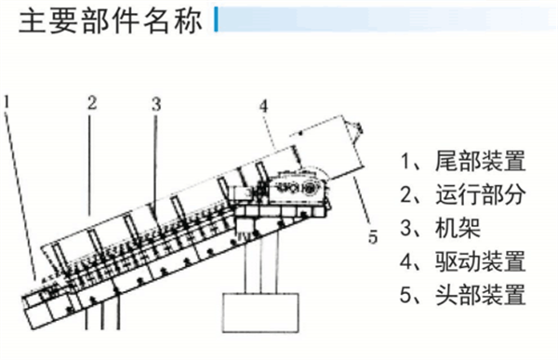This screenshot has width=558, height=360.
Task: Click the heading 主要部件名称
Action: click(111, 21)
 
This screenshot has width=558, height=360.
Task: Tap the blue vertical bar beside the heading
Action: click(216, 20)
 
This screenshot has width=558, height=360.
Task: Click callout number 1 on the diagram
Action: click(7, 101)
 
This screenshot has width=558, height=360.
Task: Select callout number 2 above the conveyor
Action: click(92, 102)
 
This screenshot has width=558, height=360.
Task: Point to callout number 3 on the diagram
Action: click(156, 104)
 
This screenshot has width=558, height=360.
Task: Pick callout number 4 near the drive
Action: click(263, 106)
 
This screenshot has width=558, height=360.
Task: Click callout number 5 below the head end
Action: click(373, 237)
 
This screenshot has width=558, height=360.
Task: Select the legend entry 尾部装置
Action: click(481, 161)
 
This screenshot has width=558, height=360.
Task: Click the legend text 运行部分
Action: click(481, 194)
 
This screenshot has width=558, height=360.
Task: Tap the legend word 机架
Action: click(458, 228)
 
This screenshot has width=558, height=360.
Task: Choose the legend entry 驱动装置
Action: click(481, 261)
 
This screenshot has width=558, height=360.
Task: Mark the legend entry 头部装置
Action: click(481, 295)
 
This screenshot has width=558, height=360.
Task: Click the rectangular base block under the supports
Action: click(260, 313)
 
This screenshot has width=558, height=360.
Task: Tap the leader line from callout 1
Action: click(20, 195)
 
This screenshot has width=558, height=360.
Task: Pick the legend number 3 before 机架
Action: click(405, 228)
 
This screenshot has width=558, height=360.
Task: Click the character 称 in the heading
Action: click(188, 21)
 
